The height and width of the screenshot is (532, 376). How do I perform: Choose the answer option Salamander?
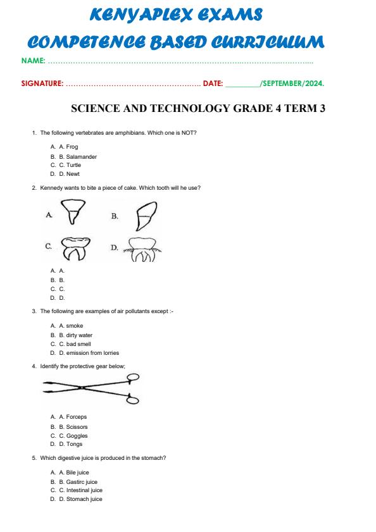(81, 156)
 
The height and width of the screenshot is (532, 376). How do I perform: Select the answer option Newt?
(73, 174)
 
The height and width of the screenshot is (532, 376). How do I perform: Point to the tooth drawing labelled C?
(75, 249)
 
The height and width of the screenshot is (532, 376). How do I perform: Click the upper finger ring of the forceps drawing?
(134, 378)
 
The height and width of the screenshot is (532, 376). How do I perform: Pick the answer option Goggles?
(77, 436)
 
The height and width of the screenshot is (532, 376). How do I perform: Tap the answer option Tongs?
(74, 444)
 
